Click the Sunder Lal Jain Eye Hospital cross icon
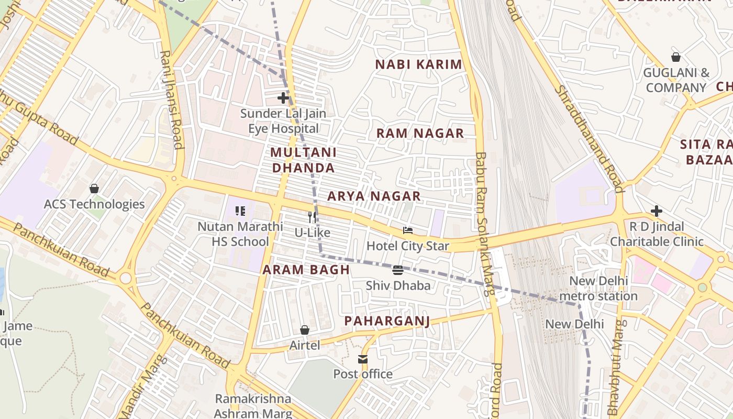pyautogui.click(x=283, y=98)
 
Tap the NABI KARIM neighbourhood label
pyautogui.click(x=419, y=65)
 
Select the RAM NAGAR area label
pyautogui.click(x=420, y=133)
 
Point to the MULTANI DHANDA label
pyautogui.click(x=303, y=160)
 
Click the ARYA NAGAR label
pyautogui.click(x=374, y=196)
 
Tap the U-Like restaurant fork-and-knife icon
pyautogui.click(x=312, y=217)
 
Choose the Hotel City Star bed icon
pyautogui.click(x=408, y=230)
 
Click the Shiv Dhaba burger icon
pyautogui.click(x=398, y=270)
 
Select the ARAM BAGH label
pyautogui.click(x=306, y=270)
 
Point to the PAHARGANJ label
pyautogui.click(x=387, y=321)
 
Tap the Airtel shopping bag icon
pyautogui.click(x=305, y=330)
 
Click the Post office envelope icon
pyautogui.click(x=363, y=359)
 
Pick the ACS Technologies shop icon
pyautogui.click(x=94, y=189)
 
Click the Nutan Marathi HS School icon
pyautogui.click(x=240, y=211)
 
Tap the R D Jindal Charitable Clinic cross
pyautogui.click(x=657, y=211)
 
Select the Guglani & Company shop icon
pyautogui.click(x=676, y=57)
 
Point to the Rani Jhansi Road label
pyautogui.click(x=172, y=100)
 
